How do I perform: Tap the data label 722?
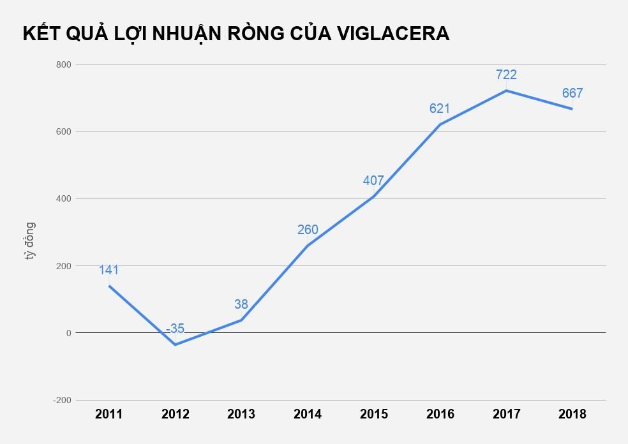click(506, 75)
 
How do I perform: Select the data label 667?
click(572, 93)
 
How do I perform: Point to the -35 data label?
click(175, 329)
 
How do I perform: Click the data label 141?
click(109, 270)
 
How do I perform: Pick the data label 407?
click(373, 181)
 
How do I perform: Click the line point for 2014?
click(308, 246)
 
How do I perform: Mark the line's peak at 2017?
click(506, 91)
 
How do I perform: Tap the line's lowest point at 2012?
click(175, 344)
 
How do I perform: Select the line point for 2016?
click(440, 124)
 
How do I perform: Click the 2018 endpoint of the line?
click(572, 109)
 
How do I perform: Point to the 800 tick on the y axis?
click(63, 65)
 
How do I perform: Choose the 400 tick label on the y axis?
click(63, 199)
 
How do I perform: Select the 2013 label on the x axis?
click(241, 415)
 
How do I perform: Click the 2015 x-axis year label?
click(374, 415)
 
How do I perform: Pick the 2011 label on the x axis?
click(109, 415)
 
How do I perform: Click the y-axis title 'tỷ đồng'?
click(30, 241)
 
